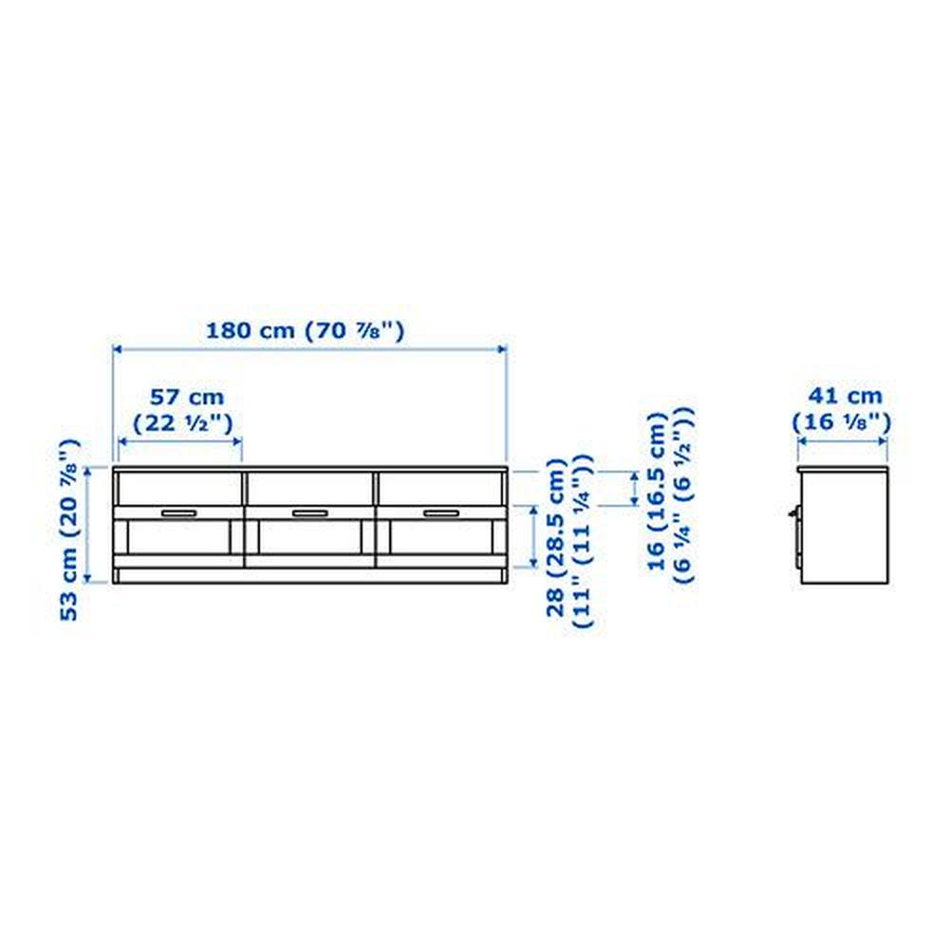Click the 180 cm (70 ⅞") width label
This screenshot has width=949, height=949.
[305, 330]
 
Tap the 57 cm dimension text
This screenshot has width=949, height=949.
[187, 397]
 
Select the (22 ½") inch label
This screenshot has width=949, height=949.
[183, 422]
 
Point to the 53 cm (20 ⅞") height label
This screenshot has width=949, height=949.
[69, 530]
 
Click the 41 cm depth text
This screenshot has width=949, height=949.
[846, 396]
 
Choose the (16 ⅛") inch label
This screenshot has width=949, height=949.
[842, 421]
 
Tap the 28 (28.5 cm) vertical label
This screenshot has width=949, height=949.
[556, 537]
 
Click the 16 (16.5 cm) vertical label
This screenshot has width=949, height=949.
[658, 491]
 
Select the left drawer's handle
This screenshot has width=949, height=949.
[178, 513]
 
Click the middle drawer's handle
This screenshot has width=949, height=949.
[310, 513]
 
